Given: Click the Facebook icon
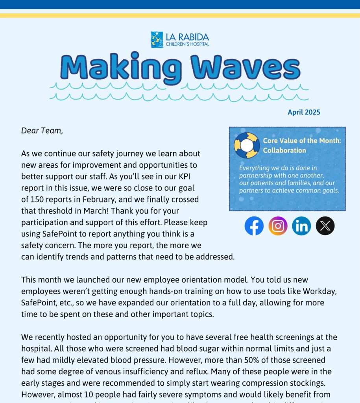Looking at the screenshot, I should pyautogui.click(x=254, y=226).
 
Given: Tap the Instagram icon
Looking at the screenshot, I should pyautogui.click(x=278, y=226).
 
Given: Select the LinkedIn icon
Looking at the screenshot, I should pyautogui.click(x=301, y=226).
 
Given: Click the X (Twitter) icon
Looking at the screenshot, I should pyautogui.click(x=325, y=226).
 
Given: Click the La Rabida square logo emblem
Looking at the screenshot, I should pyautogui.click(x=157, y=40).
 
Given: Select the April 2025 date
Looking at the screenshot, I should pyautogui.click(x=304, y=112).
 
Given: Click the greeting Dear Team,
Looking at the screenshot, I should pyautogui.click(x=42, y=131).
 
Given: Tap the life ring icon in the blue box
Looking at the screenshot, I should pyautogui.click(x=247, y=145).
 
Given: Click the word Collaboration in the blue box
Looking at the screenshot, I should pyautogui.click(x=284, y=150).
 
